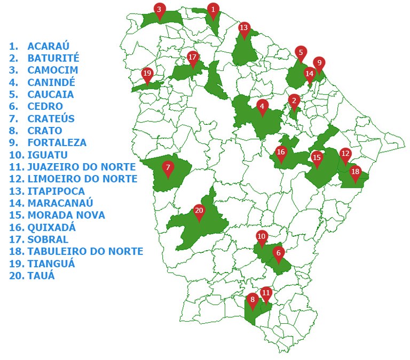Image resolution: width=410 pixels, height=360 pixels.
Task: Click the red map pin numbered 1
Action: pos(213,10)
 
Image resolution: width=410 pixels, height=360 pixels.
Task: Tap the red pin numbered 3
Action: pos(159,10)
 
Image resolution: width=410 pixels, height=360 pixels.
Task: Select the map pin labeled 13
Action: pos(244,28)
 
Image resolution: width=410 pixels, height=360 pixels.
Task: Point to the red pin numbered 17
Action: pos(193,57)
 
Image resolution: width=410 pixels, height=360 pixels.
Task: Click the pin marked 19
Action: pos(147,74)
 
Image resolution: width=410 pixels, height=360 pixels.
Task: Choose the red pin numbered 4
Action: pos(262,106)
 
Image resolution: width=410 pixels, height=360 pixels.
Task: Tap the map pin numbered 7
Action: pos(168,168)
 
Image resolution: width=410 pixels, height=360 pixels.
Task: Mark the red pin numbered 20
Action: pos(199,211)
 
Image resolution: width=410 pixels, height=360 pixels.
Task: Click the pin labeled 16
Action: pos(281,153)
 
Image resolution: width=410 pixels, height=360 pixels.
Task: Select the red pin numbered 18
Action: pos(355,172)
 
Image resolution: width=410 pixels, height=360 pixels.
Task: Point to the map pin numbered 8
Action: pos(253,300)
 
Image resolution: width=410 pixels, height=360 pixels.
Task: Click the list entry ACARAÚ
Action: pos(49,46)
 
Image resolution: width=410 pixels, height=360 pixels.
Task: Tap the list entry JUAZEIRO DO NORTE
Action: pos(82,167)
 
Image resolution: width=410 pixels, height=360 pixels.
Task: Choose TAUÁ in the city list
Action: pos(41,276)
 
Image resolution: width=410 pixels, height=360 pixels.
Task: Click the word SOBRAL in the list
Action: pos(48,239)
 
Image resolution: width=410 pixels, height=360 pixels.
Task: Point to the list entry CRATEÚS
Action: pos(51,118)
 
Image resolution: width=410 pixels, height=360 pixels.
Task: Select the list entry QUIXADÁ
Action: pos(52,227)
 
